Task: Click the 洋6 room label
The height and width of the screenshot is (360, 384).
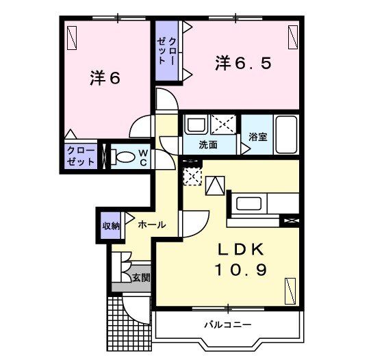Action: (x=105, y=78)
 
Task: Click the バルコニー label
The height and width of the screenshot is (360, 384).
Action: (x=227, y=324)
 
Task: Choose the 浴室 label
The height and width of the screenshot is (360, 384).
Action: (x=258, y=136)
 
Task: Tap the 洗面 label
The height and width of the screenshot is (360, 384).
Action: (x=208, y=144)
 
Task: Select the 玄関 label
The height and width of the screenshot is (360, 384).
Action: (x=142, y=278)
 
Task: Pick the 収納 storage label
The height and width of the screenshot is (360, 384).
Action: (x=111, y=225)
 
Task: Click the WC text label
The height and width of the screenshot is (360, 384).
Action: (x=142, y=157)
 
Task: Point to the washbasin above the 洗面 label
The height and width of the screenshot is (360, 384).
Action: (x=194, y=125)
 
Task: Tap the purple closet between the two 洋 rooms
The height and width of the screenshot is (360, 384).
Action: (x=166, y=51)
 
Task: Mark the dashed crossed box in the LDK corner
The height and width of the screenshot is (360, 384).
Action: (x=193, y=177)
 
